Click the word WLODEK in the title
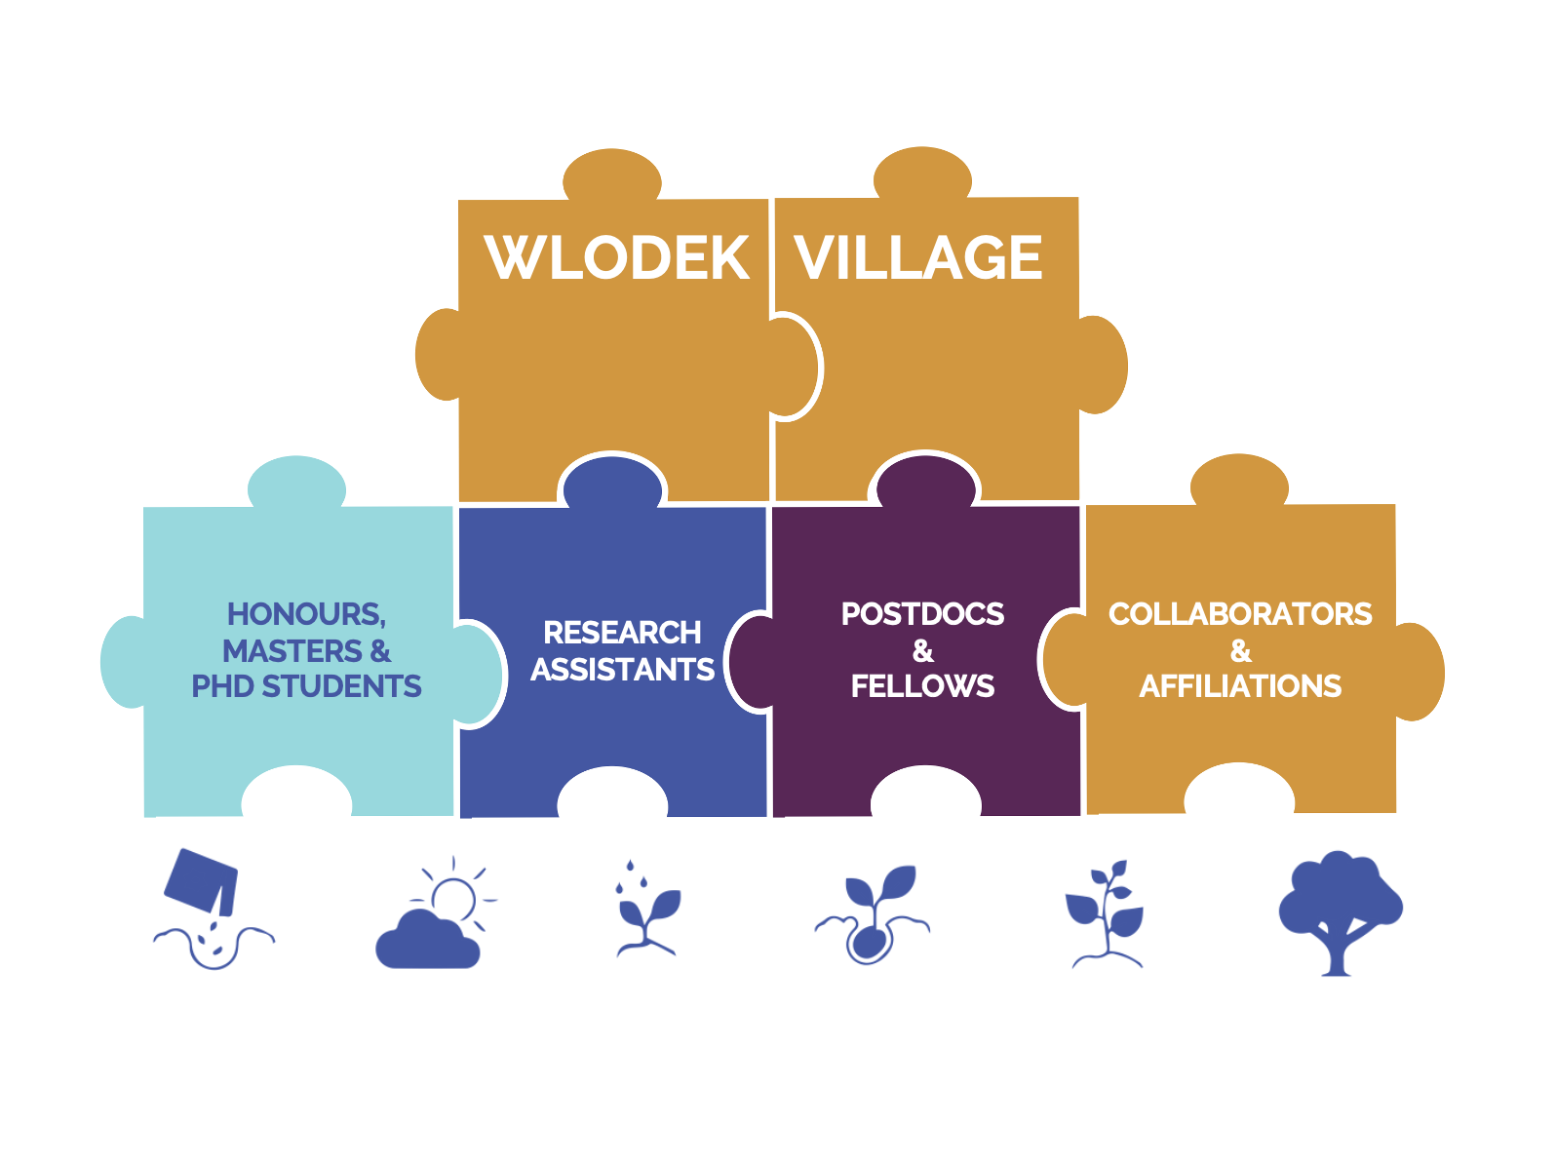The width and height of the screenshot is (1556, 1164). pyautogui.click(x=617, y=258)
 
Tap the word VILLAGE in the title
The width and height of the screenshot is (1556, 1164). pyautogui.click(x=918, y=258)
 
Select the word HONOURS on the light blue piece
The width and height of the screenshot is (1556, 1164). pyautogui.click(x=305, y=614)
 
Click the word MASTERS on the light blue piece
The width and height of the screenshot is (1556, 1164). pyautogui.click(x=292, y=650)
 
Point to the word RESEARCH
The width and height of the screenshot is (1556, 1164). pyautogui.click(x=622, y=633)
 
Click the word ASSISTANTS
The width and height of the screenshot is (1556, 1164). pyautogui.click(x=622, y=670)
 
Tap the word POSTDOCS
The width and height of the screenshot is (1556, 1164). pyautogui.click(x=922, y=614)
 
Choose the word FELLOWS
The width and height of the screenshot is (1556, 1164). pyautogui.click(x=922, y=686)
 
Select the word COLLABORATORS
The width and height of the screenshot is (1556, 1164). pyautogui.click(x=1240, y=614)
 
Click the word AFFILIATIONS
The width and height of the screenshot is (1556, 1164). pyautogui.click(x=1240, y=686)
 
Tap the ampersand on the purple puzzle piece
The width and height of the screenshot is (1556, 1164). pyautogui.click(x=922, y=650)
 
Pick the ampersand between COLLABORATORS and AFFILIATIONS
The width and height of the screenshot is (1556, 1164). pyautogui.click(x=1240, y=650)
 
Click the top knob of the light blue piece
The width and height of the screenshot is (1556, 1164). pyautogui.click(x=296, y=483)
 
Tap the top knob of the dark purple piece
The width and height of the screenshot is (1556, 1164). pyautogui.click(x=925, y=480)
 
